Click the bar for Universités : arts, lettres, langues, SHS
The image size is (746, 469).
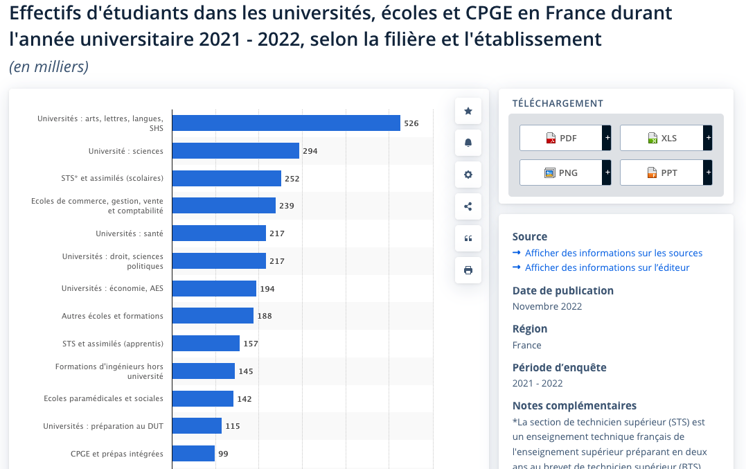(x=286, y=123)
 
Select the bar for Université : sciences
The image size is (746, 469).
(x=236, y=151)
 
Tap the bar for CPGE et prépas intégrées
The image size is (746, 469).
(x=193, y=454)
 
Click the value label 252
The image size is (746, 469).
(x=292, y=179)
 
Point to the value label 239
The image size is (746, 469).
(x=287, y=206)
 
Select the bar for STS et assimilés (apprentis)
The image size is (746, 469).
(x=206, y=344)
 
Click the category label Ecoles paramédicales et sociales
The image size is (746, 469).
(x=103, y=398)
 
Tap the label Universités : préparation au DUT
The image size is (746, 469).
(x=103, y=426)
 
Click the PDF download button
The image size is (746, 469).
(x=561, y=138)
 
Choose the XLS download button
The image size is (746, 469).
(x=661, y=138)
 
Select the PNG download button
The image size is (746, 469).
(x=561, y=172)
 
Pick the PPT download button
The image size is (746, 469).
(x=661, y=172)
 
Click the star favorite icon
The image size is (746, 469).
(x=468, y=111)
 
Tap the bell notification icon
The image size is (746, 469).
(x=468, y=143)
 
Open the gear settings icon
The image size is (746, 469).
(x=468, y=175)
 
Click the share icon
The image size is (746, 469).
(x=468, y=206)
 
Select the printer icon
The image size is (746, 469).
(x=468, y=270)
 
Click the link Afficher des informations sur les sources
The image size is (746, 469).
(x=613, y=253)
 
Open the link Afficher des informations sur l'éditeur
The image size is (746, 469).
(x=607, y=267)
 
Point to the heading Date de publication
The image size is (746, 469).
(x=562, y=291)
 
